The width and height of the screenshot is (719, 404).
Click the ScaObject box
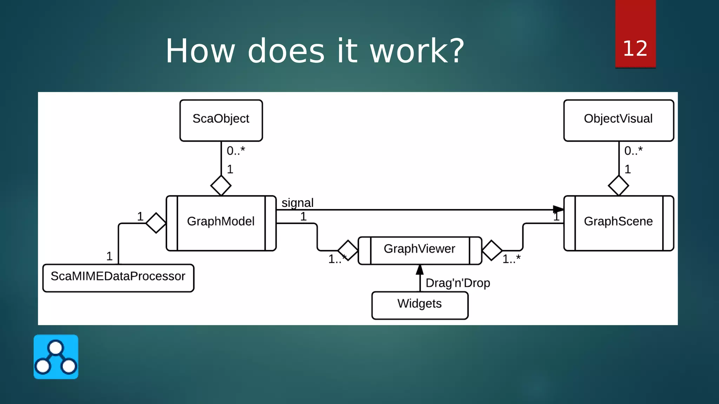click(221, 120)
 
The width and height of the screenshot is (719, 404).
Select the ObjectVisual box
click(618, 120)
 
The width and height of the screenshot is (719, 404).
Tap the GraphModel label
click(220, 221)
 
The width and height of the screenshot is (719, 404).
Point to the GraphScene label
click(618, 221)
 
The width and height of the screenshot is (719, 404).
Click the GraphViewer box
click(420, 250)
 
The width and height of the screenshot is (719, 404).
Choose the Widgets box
click(420, 305)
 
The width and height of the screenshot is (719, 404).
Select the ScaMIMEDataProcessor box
click(118, 278)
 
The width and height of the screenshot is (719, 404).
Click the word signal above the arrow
click(297, 203)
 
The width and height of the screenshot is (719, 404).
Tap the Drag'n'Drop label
click(457, 283)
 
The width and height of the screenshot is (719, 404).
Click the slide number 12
click(635, 48)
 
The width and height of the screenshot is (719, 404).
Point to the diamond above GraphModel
click(221, 186)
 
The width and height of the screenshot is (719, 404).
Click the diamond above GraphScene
click(618, 186)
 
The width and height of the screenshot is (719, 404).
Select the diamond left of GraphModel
click(156, 223)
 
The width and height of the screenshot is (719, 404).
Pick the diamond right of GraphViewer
click(492, 250)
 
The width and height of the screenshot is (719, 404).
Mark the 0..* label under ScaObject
click(236, 151)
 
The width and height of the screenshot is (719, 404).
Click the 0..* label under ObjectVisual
click(633, 151)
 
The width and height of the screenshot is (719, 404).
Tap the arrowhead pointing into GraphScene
click(558, 210)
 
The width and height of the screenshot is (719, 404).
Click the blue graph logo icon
click(56, 357)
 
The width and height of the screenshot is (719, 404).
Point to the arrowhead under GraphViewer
click(420, 270)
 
